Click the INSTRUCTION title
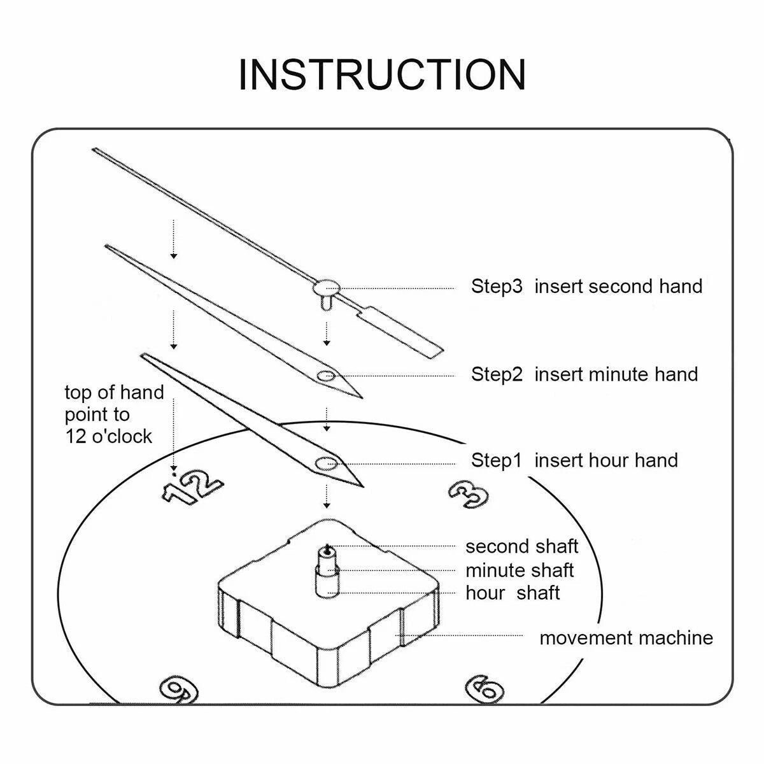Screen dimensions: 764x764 [x=382, y=74]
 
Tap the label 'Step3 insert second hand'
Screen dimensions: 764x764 [x=586, y=286]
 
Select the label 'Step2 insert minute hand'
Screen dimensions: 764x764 [x=584, y=374]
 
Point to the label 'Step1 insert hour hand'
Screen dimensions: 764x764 [x=574, y=460]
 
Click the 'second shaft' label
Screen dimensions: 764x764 [x=521, y=546]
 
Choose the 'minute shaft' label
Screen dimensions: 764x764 [x=520, y=570]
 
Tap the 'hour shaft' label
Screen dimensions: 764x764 [x=513, y=593]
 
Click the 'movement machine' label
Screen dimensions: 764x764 [x=626, y=637]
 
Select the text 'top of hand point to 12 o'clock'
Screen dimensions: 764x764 [x=115, y=414]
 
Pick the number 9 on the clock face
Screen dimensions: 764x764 [x=179, y=689]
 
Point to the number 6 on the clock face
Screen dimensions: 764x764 [x=485, y=688]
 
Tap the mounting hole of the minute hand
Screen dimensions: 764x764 [x=327, y=376]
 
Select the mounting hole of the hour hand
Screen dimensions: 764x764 [x=327, y=463]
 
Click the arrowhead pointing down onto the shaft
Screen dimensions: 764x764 [x=327, y=505]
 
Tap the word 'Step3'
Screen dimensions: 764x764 [x=497, y=286]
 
